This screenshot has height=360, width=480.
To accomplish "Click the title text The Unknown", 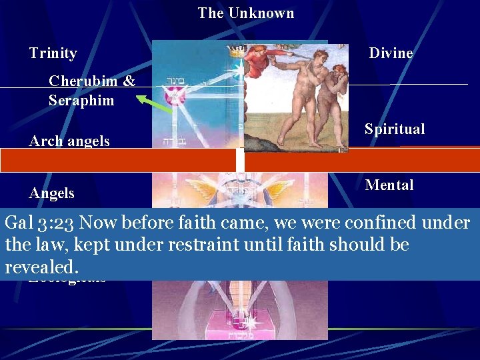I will pyautogui.click(x=245, y=13).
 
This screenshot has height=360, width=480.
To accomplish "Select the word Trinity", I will pyautogui.click(x=53, y=53).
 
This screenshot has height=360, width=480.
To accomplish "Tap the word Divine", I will pyautogui.click(x=391, y=53).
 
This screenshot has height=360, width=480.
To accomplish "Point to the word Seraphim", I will pyautogui.click(x=81, y=101).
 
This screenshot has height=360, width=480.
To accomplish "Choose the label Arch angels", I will pyautogui.click(x=69, y=141).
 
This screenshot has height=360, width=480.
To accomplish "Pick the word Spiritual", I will pyautogui.click(x=394, y=129).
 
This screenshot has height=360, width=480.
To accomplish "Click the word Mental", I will pyautogui.click(x=389, y=185).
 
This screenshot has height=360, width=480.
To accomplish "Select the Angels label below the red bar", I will pyautogui.click(x=51, y=193).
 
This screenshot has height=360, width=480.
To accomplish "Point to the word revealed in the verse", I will pyautogui.click(x=41, y=267).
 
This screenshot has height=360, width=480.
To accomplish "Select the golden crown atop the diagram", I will pyautogui.click(x=234, y=51).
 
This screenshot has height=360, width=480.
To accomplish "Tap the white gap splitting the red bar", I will pyautogui.click(x=240, y=161).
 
